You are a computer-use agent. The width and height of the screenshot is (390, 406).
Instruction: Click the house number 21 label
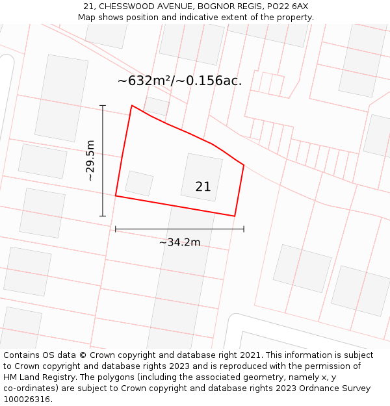point(203,187)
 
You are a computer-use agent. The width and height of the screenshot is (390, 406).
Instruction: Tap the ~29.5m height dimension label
point(90,160)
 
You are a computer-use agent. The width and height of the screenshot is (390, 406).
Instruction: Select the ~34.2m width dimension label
point(179,242)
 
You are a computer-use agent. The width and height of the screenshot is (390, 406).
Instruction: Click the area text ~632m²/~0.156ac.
point(179,81)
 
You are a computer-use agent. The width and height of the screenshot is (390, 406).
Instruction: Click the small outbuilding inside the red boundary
point(139,183)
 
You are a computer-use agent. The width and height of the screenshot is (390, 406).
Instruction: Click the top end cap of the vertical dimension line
point(103,105)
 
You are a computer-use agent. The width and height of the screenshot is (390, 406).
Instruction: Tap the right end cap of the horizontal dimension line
point(244,229)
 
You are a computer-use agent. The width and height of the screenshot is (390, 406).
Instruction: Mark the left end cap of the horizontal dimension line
point(116,229)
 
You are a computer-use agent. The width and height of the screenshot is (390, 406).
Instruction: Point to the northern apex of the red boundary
point(132,105)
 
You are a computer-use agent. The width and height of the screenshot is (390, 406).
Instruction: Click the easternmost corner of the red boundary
point(244,165)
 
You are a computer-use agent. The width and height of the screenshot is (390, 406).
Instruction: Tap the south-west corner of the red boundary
point(116,195)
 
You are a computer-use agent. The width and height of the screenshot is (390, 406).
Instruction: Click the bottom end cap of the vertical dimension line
point(103,216)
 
